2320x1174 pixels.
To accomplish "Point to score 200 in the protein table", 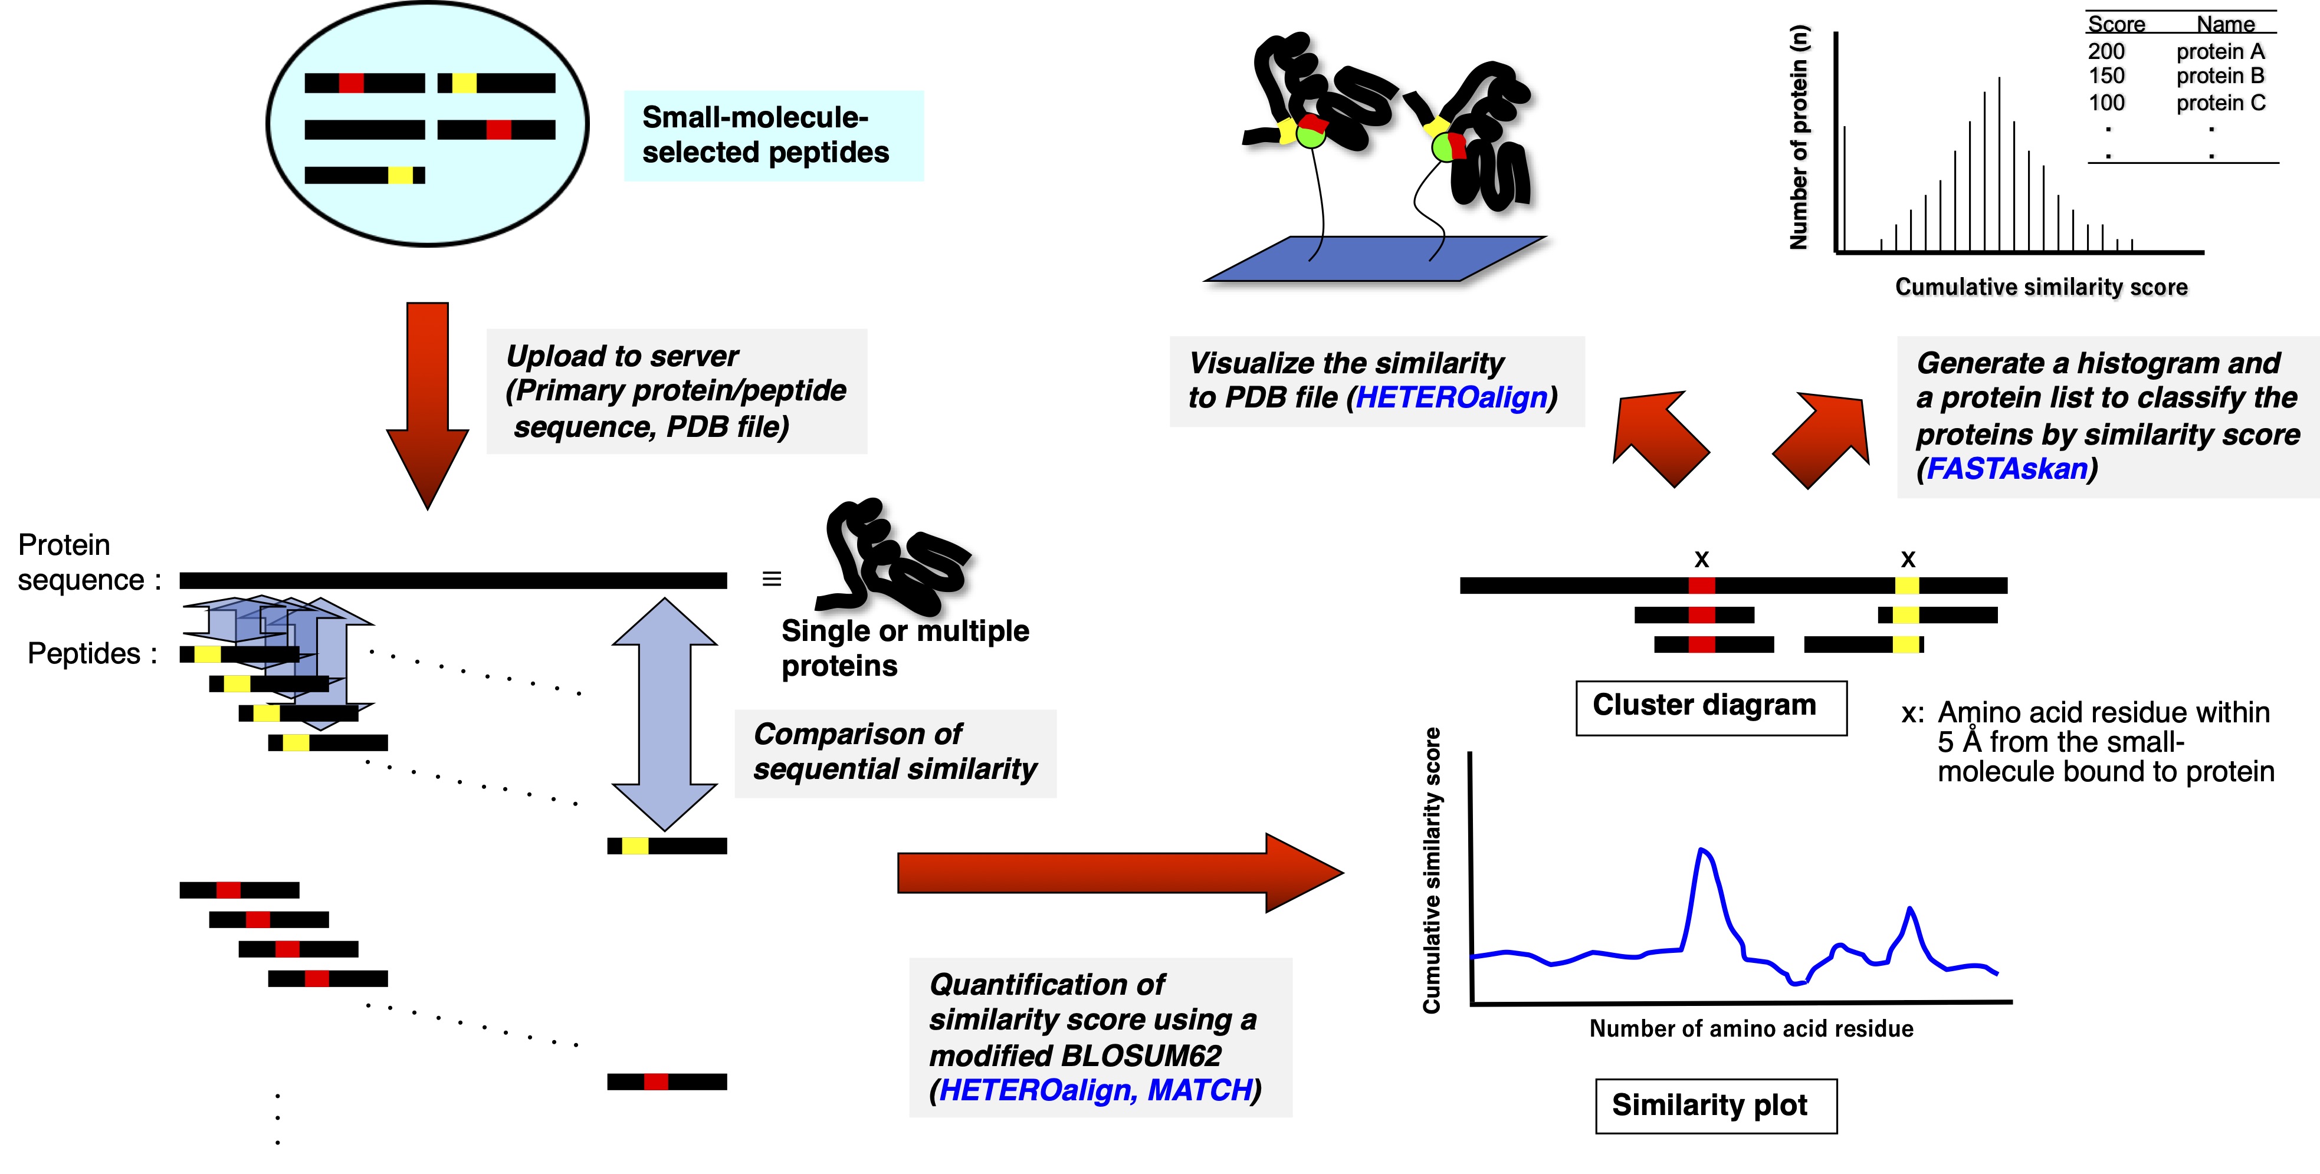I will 2106,51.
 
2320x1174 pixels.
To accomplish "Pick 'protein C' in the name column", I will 2220,103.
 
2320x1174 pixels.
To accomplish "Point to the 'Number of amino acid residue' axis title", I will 1751,1029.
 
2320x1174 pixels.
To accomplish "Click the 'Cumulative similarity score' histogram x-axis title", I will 2041,287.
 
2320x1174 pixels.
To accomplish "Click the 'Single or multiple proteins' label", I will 904,648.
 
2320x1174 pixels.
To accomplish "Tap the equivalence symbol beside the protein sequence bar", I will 772,579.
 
